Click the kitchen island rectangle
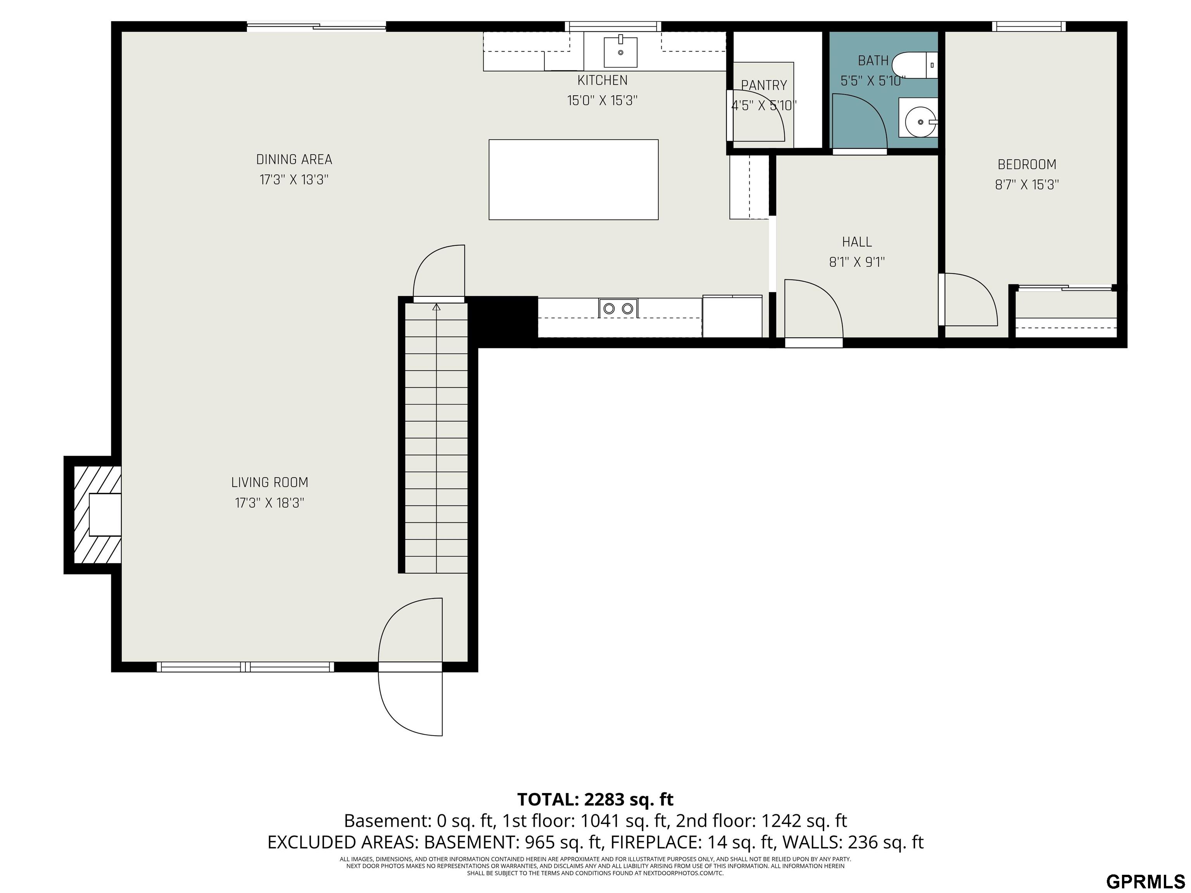point(573,180)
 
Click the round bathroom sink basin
point(918,122)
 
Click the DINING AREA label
point(294,159)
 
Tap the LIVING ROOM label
point(270,482)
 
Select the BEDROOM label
point(1027,164)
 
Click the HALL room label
point(857,242)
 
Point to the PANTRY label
point(764,85)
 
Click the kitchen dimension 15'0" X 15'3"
point(602,101)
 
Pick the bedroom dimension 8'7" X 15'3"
point(1027,184)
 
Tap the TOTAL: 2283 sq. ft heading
point(595,799)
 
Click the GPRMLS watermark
point(1146,881)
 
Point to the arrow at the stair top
point(437,307)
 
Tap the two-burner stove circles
point(618,309)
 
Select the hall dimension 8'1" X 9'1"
point(857,262)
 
